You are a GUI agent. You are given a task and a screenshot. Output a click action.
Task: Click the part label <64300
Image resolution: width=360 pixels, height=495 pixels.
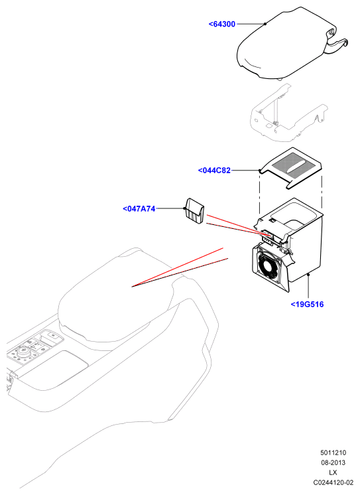222,24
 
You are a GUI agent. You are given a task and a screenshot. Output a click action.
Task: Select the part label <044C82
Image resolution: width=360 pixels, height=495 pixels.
214,171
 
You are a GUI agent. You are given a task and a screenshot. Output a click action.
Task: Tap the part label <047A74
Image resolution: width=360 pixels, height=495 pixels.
139,208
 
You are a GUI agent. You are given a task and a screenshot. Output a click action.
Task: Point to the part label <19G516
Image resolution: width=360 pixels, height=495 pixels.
307,305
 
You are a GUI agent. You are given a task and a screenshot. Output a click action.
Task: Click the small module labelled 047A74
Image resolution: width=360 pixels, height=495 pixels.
194,211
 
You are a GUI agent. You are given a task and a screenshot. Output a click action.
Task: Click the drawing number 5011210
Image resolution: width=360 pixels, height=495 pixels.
333,453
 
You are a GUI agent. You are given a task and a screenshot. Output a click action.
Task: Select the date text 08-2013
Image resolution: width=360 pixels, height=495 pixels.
333,462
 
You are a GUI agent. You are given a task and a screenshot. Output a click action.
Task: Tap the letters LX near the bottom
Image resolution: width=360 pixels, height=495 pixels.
333,472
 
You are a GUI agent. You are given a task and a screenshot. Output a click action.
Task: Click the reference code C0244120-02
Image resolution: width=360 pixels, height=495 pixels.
333,482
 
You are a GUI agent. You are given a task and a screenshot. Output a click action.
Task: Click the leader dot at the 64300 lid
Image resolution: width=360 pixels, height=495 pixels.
265,24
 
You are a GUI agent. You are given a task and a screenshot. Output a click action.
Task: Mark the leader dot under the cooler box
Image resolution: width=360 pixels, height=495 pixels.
308,275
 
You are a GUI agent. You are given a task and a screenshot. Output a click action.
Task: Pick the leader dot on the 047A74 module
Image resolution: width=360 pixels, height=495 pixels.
184,208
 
